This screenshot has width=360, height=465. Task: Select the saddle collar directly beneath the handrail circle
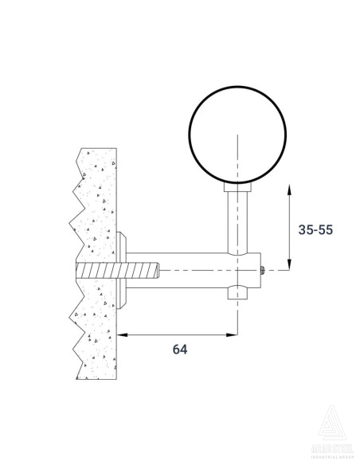click(237, 188)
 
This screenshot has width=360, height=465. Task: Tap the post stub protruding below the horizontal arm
click(237, 295)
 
